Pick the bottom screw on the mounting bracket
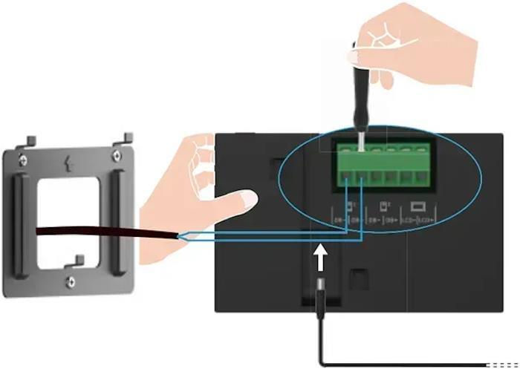point(70,281)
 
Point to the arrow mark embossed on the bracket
point(70,161)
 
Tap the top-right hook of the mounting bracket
point(127,137)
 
